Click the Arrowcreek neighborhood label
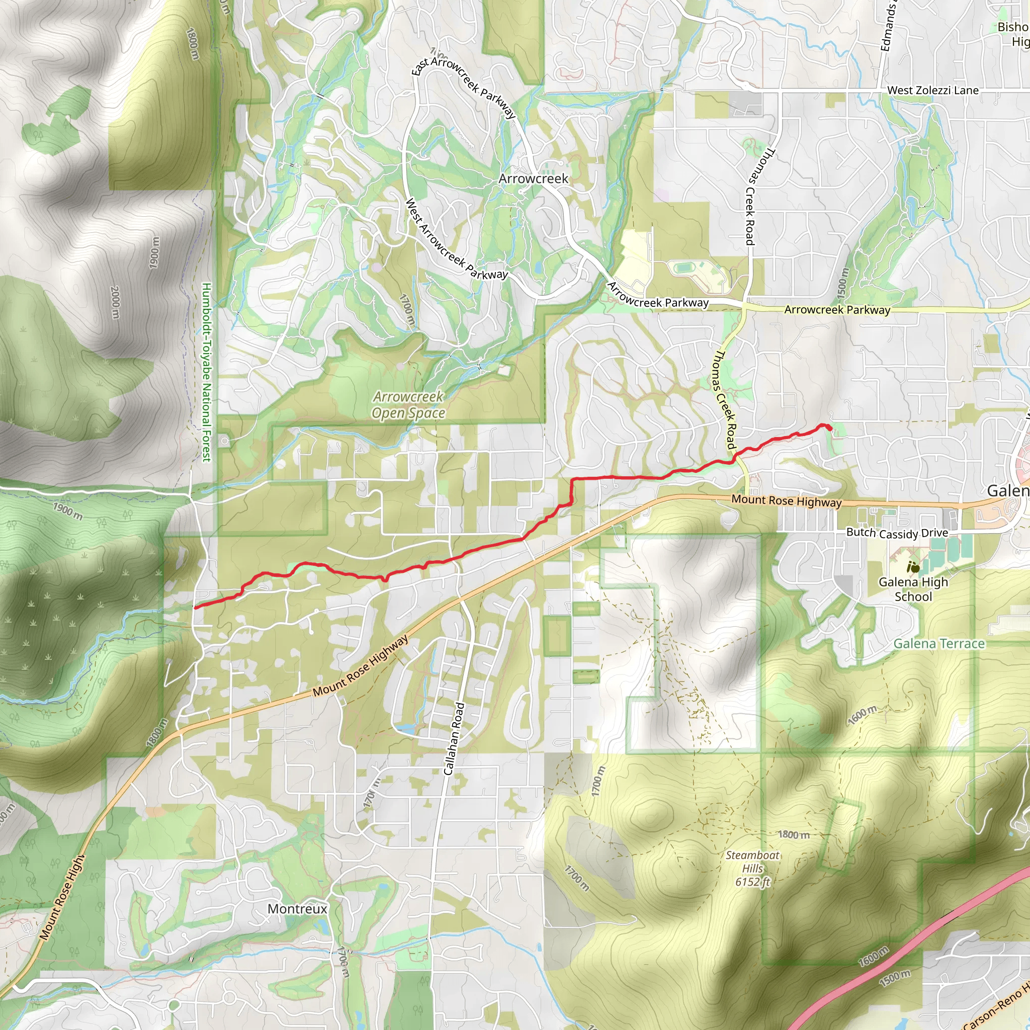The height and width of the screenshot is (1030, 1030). (x=533, y=179)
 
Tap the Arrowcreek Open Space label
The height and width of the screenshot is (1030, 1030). (x=408, y=405)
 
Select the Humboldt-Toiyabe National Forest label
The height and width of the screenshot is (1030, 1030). (x=207, y=372)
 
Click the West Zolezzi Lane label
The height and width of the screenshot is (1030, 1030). (x=932, y=91)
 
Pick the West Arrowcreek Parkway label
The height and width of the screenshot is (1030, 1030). (x=456, y=240)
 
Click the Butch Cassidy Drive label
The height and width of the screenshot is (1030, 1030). (x=897, y=533)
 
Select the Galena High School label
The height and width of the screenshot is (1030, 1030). (x=913, y=589)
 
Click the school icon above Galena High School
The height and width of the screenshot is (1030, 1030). (x=913, y=567)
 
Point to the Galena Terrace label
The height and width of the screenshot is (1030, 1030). (x=939, y=643)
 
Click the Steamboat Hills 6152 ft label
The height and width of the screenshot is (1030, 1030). (x=752, y=869)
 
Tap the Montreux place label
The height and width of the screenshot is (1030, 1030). (x=297, y=908)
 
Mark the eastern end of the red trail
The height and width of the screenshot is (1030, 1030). (x=830, y=428)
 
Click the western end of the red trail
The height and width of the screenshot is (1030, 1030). (x=196, y=607)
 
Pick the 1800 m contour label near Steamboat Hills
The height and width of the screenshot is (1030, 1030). (x=794, y=834)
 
